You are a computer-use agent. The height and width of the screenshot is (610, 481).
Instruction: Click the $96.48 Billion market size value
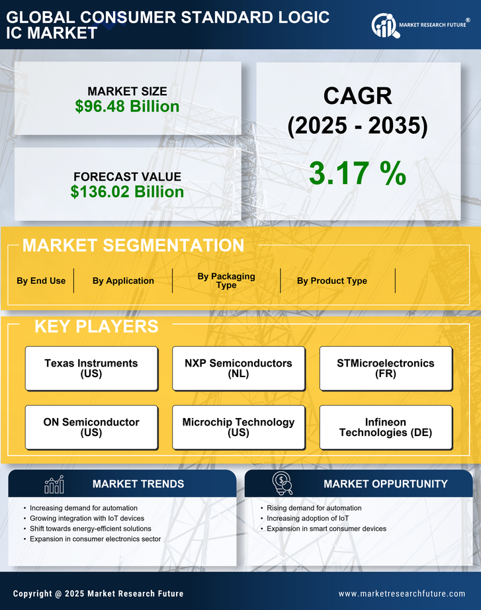pos(127,107)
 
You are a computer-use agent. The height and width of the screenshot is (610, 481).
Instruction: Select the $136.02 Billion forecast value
pos(127,192)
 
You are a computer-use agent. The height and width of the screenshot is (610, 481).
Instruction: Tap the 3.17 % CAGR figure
pos(357,173)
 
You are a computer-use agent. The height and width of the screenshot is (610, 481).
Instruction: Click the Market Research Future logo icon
pos(384,25)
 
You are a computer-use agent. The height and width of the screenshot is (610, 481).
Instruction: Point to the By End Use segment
pos(41,281)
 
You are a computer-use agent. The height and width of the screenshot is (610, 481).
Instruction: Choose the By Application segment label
pos(123,281)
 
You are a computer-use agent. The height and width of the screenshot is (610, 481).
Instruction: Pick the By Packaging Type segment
pos(226,281)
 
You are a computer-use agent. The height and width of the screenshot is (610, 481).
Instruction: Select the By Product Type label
pos(331,281)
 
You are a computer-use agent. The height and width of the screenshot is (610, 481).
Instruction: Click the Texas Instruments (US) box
pos(91,368)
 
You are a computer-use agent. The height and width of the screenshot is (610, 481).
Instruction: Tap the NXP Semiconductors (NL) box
pos(239,368)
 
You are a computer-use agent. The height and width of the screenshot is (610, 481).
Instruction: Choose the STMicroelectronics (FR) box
pos(386,368)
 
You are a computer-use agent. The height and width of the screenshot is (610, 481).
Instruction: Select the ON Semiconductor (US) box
pos(91,427)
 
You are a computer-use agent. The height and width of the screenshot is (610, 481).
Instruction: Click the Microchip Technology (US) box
pos(239,427)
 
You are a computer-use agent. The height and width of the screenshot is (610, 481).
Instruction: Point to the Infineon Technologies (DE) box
pos(386,427)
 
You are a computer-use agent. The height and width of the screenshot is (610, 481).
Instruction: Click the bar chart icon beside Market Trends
pos(54,484)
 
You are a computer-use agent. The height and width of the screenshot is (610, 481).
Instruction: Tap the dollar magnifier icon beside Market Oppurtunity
pos(282,484)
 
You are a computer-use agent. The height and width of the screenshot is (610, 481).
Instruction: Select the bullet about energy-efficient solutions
pos(90,529)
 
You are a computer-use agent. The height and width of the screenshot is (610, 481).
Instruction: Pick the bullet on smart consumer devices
pos(326,529)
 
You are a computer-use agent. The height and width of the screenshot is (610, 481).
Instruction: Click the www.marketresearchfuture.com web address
pos(402,593)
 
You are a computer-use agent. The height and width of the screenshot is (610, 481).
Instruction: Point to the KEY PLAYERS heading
pos(96,326)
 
